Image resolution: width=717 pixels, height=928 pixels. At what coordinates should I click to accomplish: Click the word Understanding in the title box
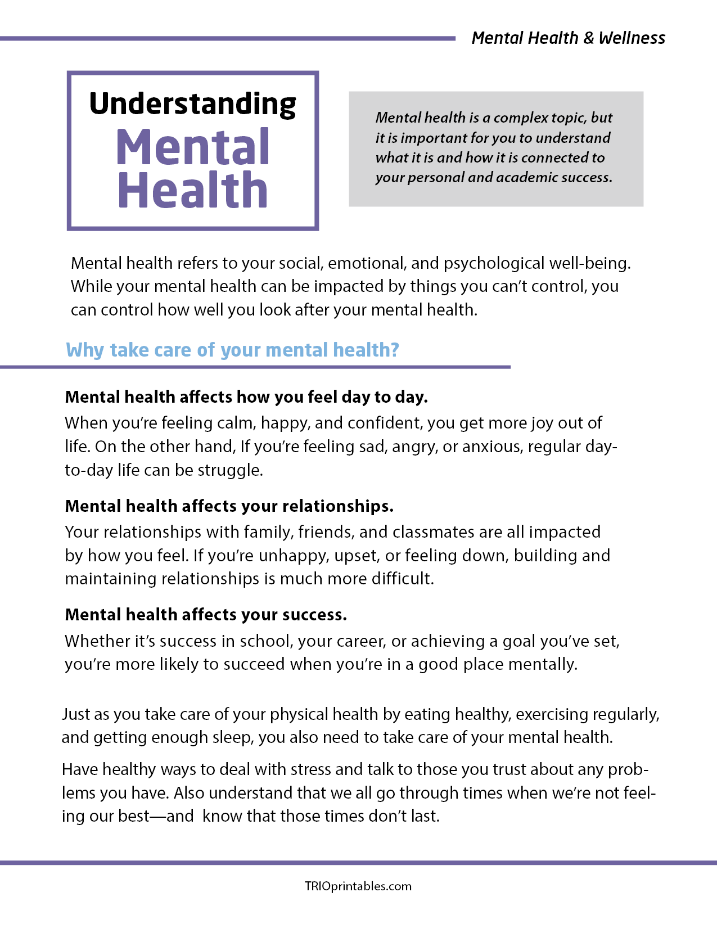pos(192,105)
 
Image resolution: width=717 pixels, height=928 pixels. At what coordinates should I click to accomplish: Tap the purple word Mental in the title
pos(193,147)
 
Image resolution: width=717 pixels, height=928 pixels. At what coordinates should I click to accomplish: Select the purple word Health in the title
pos(192,190)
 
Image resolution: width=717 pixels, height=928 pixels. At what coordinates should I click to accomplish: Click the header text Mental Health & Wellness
pos(568,38)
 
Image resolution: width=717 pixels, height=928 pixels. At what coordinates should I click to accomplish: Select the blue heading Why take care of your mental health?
pos(232,350)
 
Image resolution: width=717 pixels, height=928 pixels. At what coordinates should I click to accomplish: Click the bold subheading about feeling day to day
pos(246,397)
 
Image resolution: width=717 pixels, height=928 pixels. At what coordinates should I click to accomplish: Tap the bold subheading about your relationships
pos(229,506)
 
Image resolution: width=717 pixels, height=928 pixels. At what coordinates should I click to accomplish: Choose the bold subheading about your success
pos(206,615)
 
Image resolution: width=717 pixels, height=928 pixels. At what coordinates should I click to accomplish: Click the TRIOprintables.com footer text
pos(358,886)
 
